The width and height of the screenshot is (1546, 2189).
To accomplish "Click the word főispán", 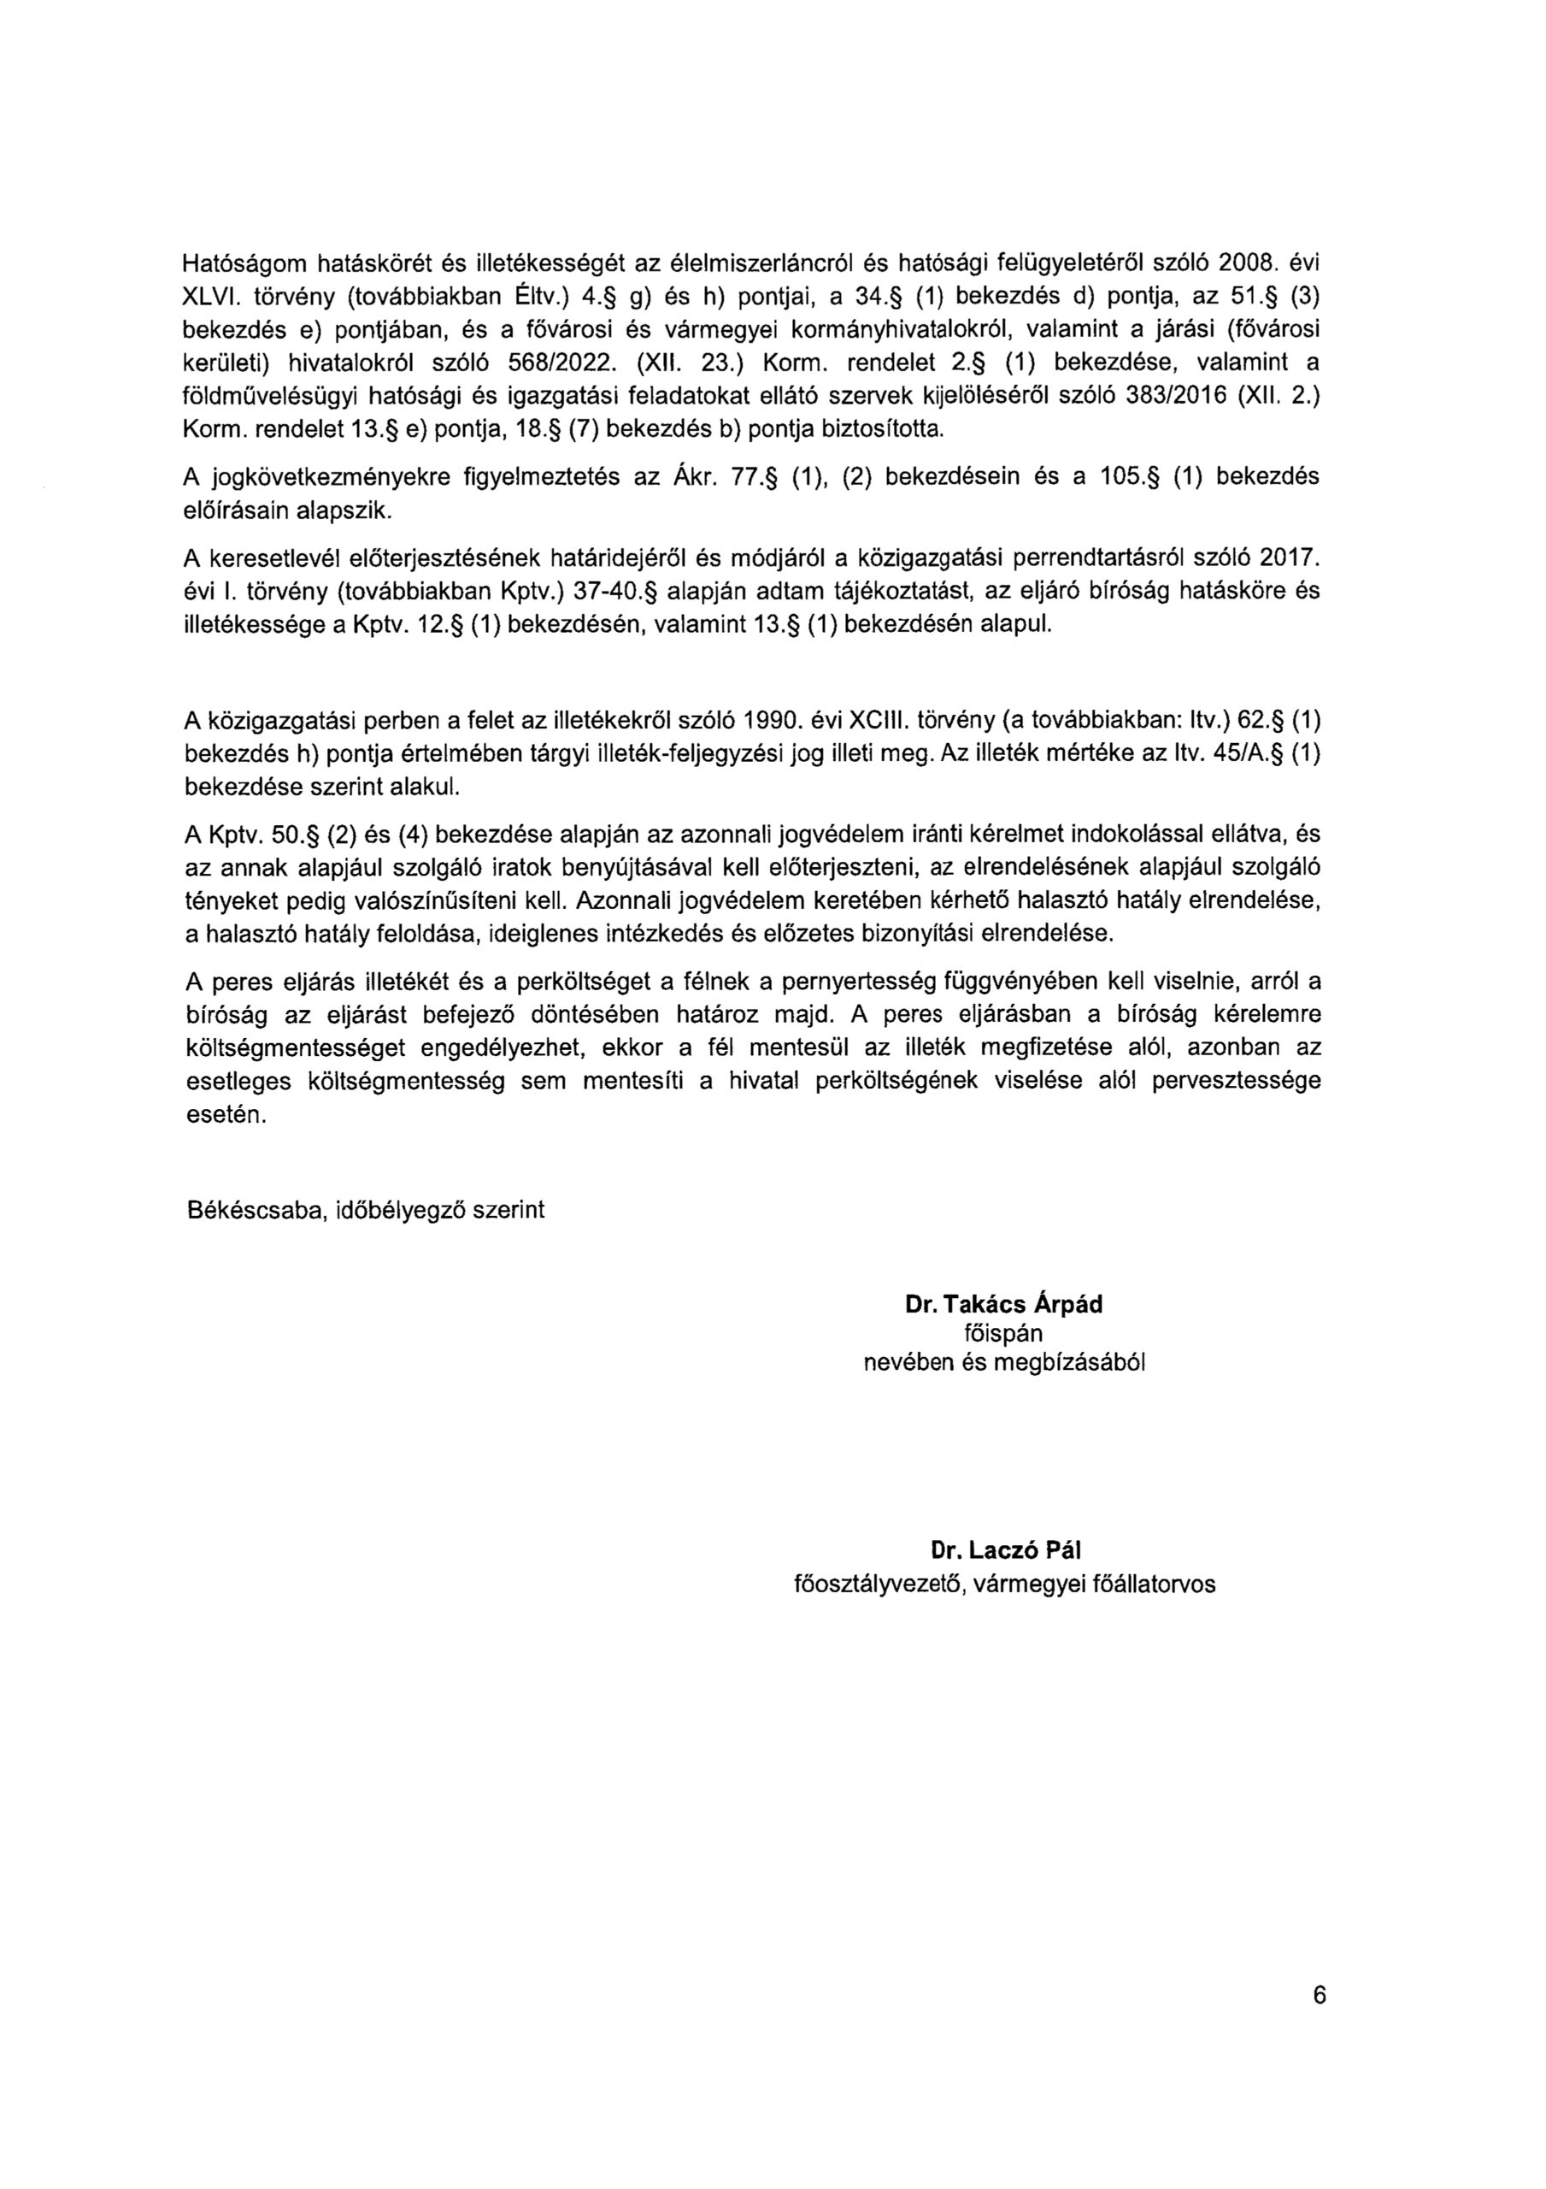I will pos(1003,1333).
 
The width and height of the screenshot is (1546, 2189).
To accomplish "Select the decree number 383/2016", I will pos(1176,396).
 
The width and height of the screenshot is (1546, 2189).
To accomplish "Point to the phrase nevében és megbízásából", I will pos(1003,1362).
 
